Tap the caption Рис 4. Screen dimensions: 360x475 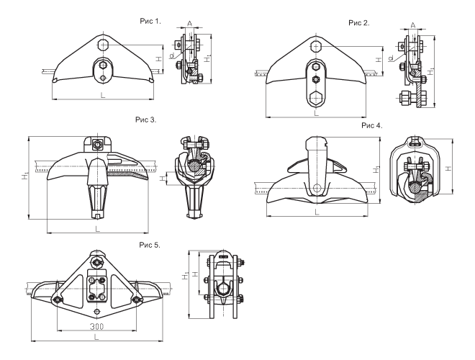click(x=372, y=125)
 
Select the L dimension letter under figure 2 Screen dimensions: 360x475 click(x=315, y=112)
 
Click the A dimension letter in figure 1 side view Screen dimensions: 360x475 click(x=189, y=23)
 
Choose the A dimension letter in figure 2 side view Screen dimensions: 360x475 click(x=412, y=24)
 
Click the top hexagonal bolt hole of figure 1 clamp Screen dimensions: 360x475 click(x=102, y=44)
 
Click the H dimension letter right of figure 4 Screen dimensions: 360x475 click(x=447, y=168)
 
